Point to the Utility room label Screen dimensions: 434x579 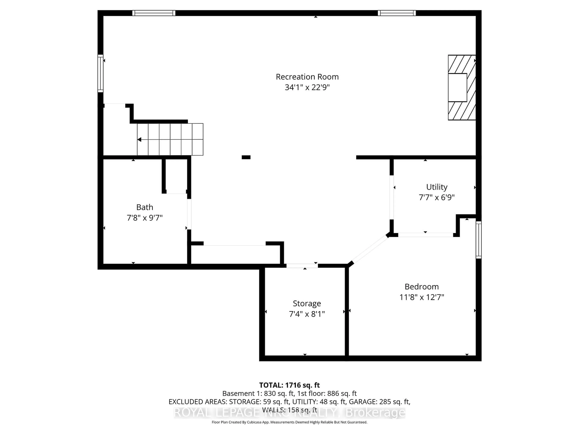pos(437,187)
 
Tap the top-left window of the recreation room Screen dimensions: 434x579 pos(154,13)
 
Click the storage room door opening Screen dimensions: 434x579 pos(302,266)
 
